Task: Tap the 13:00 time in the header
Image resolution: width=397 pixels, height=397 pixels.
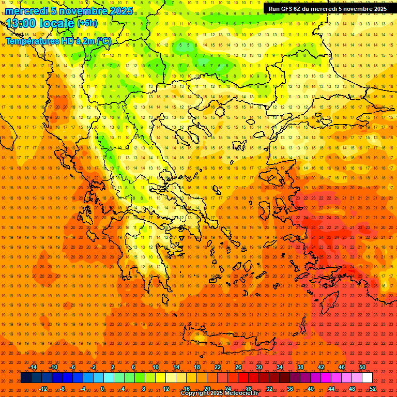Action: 21,23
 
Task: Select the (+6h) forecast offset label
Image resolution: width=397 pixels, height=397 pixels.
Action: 86,23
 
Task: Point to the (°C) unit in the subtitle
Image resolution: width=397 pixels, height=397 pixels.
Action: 103,41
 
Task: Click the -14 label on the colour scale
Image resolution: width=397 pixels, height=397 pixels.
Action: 33,367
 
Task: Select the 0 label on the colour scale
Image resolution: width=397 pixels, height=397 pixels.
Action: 102,389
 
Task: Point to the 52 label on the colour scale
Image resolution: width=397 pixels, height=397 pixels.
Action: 373,389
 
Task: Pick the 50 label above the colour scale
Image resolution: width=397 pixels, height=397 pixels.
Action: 362,367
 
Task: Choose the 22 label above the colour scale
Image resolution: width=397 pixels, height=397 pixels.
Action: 218,367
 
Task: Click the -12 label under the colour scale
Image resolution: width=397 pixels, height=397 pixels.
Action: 43,389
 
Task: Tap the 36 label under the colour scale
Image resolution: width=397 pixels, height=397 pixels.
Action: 290,389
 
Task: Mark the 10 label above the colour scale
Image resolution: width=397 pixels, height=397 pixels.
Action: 156,367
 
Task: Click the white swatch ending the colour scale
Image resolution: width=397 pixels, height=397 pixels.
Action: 368,378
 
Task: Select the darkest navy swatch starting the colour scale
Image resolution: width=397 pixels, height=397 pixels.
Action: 26,378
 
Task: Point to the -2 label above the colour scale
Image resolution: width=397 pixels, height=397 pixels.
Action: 94,367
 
